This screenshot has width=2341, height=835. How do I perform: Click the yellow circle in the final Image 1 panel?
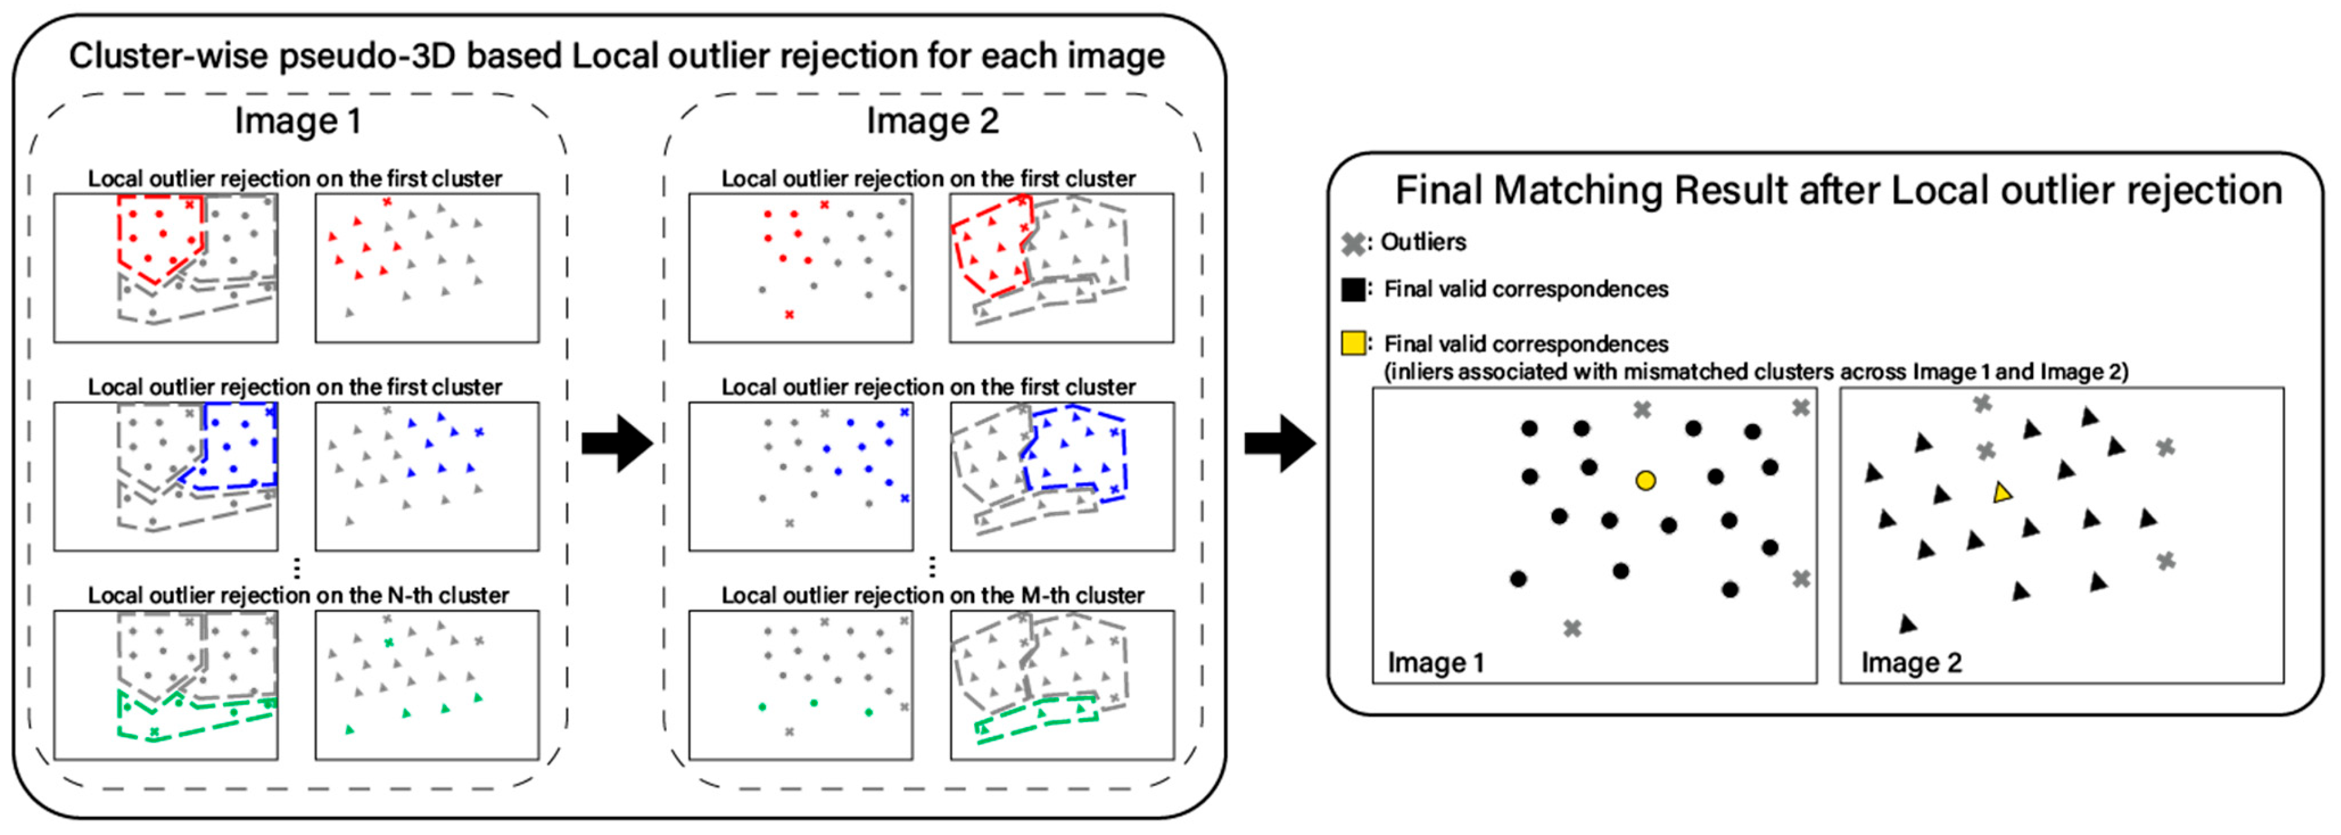pos(1645,480)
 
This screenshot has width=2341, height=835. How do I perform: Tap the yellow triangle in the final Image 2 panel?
pos(2001,494)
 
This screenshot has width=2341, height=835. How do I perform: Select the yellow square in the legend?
pos(1353,343)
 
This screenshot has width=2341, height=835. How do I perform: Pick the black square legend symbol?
pos(1353,289)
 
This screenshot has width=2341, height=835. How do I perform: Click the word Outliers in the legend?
pos(1423,242)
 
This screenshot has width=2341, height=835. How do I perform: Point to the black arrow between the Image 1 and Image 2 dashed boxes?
pos(617,443)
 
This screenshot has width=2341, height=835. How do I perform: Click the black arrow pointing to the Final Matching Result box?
pos(1279,443)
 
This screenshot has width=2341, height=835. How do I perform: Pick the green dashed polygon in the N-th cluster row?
pos(195,716)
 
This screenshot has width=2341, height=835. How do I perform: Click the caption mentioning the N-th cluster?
pos(298,595)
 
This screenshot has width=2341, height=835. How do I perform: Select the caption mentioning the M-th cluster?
pos(932,595)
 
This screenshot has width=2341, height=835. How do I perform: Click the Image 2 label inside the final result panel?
pos(1911,662)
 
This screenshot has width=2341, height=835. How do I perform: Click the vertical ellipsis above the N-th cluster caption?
pos(297,569)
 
